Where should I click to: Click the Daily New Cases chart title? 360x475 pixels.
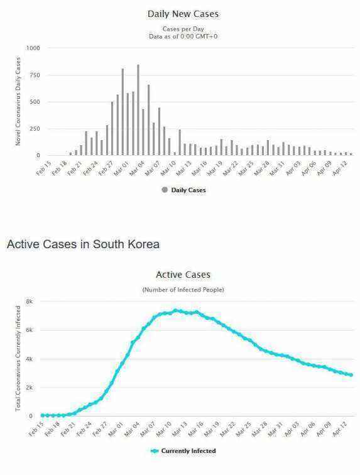[x=183, y=14]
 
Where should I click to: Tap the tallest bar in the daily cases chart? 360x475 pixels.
[x=138, y=110]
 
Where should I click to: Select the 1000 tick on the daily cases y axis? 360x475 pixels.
[x=33, y=48]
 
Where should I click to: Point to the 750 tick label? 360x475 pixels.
[x=35, y=75]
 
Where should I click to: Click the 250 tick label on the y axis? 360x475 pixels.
[x=35, y=129]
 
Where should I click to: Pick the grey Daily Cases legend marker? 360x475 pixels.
[x=165, y=190]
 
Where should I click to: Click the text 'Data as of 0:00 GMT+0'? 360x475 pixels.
[x=183, y=36]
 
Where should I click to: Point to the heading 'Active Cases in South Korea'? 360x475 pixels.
[x=83, y=244]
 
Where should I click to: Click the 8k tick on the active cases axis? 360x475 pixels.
[x=29, y=302]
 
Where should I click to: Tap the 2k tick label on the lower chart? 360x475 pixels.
[x=29, y=388]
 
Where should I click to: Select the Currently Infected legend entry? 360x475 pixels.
[x=183, y=450]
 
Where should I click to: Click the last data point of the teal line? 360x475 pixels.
[x=351, y=374]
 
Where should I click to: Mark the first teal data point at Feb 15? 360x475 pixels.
[x=43, y=415]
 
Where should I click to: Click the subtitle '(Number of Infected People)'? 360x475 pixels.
[x=183, y=290]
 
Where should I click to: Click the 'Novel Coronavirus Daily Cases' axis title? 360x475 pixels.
[x=18, y=101]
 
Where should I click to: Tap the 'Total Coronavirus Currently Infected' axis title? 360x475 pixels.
[x=18, y=358]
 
